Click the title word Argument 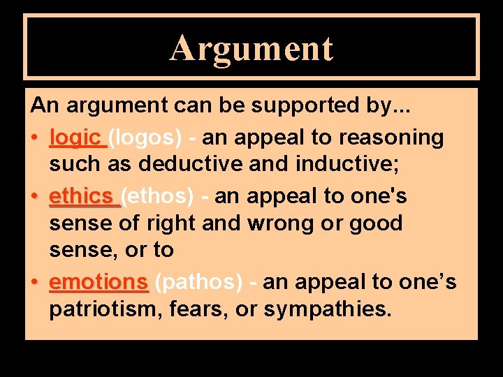(x=251, y=48)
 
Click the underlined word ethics (x=81, y=196)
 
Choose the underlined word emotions (x=99, y=282)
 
